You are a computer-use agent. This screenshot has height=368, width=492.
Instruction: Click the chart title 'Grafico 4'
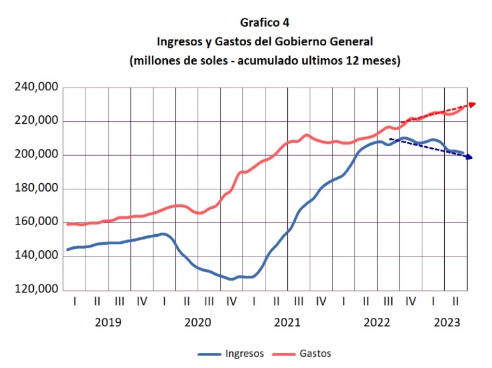(x=264, y=23)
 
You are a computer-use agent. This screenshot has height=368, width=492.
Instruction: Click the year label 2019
(x=108, y=323)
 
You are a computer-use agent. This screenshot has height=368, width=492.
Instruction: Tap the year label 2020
(x=198, y=323)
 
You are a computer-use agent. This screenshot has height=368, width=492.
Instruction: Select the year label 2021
(x=287, y=323)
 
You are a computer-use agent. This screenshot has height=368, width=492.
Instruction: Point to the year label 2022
(x=377, y=323)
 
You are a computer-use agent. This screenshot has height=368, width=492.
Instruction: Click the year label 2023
(x=447, y=323)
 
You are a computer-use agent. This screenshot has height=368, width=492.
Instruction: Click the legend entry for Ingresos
(x=244, y=354)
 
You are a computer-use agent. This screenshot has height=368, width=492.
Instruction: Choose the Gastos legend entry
(x=315, y=354)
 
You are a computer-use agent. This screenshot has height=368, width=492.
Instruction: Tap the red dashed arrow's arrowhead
(x=472, y=105)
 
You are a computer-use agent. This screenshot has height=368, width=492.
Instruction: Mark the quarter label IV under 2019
(x=142, y=301)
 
